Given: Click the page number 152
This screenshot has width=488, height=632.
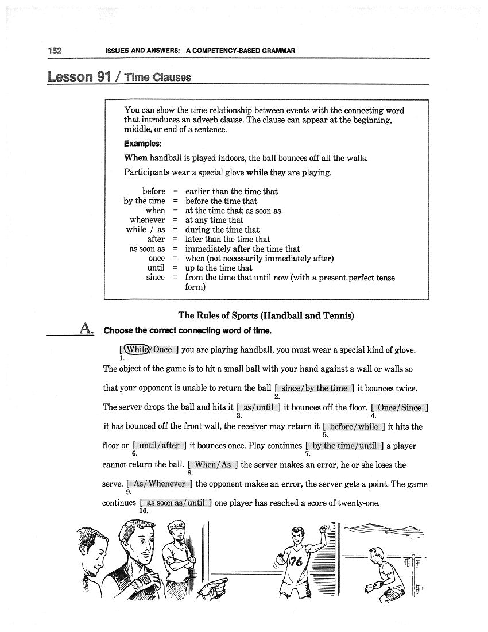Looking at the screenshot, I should [55, 51].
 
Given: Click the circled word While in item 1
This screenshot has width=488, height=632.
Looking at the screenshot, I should [137, 349].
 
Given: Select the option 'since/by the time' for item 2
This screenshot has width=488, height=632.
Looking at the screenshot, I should [314, 388].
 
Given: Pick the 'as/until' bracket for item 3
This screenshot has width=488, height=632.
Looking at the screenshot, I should [258, 407].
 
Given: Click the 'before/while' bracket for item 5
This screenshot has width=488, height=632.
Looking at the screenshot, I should [354, 426].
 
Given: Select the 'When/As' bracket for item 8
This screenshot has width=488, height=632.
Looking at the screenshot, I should [212, 464].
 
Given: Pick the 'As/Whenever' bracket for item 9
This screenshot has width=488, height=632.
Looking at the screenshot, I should [159, 484].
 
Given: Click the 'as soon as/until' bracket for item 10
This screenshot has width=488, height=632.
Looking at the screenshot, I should [175, 503].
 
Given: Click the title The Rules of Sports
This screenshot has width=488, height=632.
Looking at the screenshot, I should [266, 315].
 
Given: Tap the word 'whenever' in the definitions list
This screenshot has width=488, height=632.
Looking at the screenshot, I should [147, 220].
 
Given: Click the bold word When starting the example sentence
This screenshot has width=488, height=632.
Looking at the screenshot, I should [135, 158].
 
